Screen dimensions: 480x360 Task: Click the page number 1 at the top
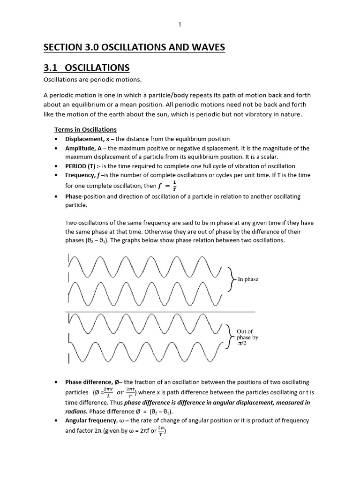point(180,25)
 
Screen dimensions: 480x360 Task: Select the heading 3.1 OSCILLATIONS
point(86,67)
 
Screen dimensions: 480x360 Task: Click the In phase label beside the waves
point(247,279)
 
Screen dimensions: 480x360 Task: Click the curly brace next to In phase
point(231,279)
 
